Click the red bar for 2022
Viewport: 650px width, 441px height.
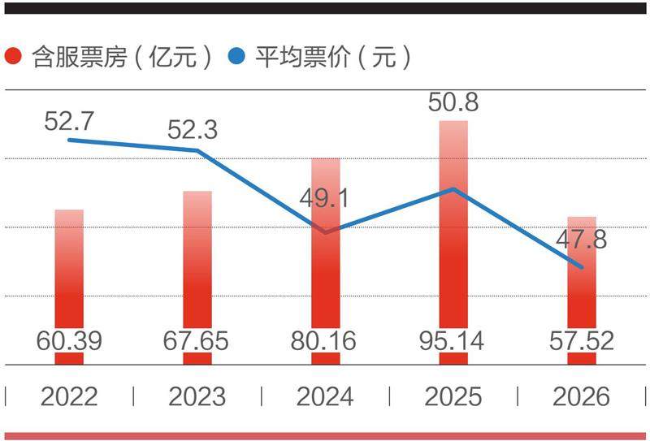pyautogui.click(x=69, y=276)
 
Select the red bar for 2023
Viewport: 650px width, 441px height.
pyautogui.click(x=197, y=268)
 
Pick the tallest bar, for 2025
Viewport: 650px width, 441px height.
pyautogui.click(x=453, y=236)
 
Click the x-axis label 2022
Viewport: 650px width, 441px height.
pyautogui.click(x=69, y=396)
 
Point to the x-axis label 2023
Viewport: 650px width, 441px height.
pyautogui.click(x=197, y=396)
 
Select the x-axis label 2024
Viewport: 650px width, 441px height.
pyautogui.click(x=325, y=396)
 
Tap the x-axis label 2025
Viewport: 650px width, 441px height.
pyautogui.click(x=453, y=396)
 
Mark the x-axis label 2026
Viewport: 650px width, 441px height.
pyautogui.click(x=581, y=396)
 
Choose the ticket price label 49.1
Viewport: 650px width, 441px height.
pyautogui.click(x=326, y=198)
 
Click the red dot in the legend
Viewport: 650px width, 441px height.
pyautogui.click(x=14, y=58)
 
